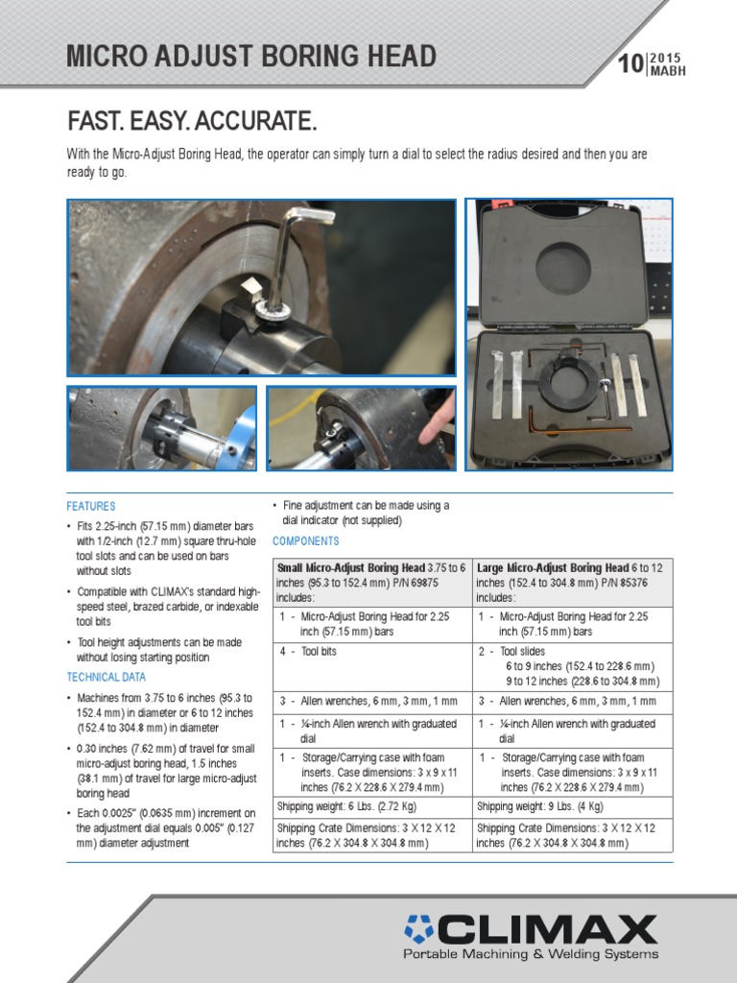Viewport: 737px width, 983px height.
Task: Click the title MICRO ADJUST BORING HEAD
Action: tap(250, 57)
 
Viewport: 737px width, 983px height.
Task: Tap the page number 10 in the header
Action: tap(630, 64)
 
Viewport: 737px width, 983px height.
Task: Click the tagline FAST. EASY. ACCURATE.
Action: tap(191, 122)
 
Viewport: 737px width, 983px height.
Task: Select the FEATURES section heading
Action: tap(91, 506)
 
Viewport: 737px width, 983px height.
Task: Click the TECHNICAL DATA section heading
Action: tap(106, 677)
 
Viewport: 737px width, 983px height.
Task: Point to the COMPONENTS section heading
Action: tap(306, 540)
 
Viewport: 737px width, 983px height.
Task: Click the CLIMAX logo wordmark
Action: tap(531, 929)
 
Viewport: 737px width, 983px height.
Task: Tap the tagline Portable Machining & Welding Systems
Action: tap(531, 954)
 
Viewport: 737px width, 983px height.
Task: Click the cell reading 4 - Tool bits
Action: tap(371, 651)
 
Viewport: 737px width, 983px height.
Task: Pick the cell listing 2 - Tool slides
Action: tap(572, 665)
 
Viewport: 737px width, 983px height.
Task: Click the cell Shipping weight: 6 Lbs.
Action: tap(371, 806)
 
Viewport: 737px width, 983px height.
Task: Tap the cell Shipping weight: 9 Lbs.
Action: tap(572, 806)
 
